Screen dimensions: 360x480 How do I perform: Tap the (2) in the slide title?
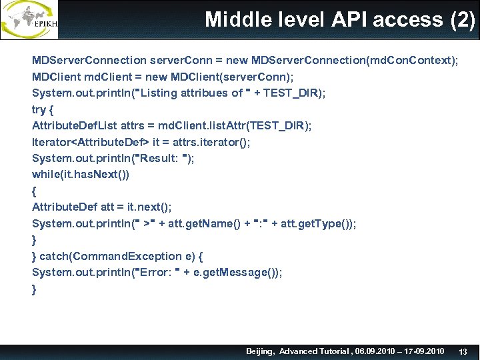tap(463, 19)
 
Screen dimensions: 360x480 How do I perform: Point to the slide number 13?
tap(464, 351)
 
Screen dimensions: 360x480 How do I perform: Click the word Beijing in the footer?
tap(260, 351)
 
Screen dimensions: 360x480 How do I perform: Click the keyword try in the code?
tap(39, 109)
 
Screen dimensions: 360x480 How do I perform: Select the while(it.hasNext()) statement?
tap(81, 174)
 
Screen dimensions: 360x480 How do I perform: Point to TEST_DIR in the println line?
tap(292, 93)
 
